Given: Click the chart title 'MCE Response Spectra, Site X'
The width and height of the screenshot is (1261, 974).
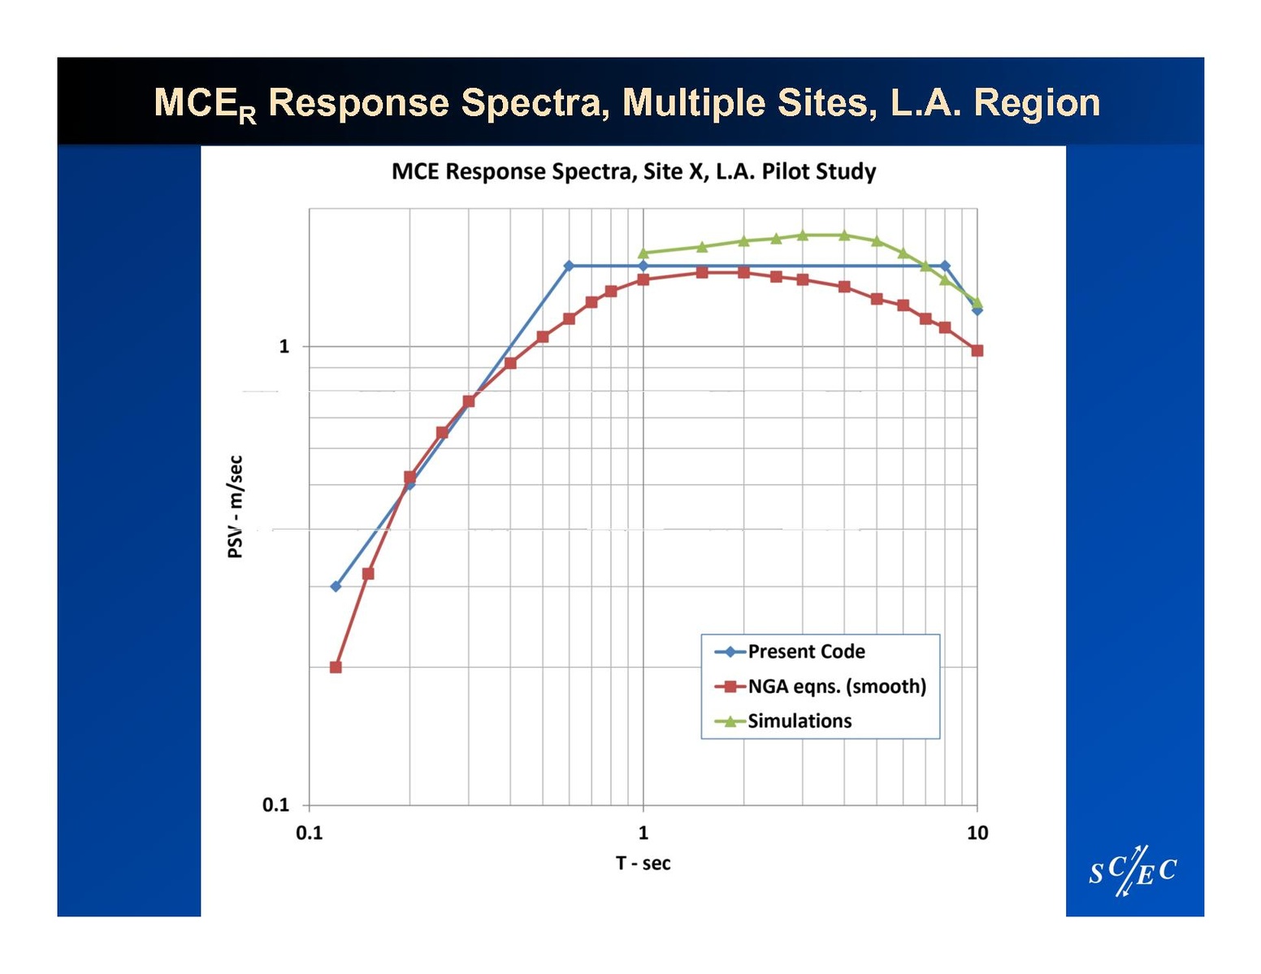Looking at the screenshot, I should [x=634, y=172].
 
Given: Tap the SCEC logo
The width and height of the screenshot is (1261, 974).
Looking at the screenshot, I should [x=1133, y=872].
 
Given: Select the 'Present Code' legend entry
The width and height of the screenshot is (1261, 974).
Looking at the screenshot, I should [x=805, y=651].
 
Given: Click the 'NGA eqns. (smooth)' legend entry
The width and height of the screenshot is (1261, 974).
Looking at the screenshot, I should [x=836, y=686].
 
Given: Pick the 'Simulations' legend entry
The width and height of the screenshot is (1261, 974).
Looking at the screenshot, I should [x=799, y=721].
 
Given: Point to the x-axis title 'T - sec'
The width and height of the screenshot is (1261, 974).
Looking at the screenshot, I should [x=643, y=864].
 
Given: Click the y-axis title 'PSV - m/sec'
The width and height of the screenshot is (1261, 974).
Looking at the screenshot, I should [x=235, y=507].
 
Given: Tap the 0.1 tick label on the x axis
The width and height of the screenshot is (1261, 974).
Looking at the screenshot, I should [x=310, y=833].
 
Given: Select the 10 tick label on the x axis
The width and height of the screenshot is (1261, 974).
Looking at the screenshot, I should [x=977, y=833].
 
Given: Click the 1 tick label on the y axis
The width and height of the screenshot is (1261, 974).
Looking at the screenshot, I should [x=284, y=347].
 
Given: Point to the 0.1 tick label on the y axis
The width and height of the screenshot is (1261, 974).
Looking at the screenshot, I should [x=276, y=805].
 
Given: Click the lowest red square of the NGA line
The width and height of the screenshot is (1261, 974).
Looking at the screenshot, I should [x=336, y=667].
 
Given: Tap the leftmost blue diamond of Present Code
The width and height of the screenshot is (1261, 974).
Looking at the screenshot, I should [x=336, y=587].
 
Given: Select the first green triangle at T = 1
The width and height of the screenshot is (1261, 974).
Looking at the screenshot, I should [x=643, y=253].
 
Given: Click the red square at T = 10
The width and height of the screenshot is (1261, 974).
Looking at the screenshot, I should [x=977, y=351].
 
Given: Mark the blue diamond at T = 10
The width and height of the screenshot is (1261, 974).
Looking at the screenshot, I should [x=977, y=310].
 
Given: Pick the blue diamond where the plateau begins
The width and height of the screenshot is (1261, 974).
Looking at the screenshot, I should [x=569, y=266].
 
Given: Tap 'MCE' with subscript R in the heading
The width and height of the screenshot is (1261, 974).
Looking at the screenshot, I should [x=204, y=105].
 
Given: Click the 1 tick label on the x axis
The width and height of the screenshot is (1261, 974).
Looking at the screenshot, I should [x=643, y=833].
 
